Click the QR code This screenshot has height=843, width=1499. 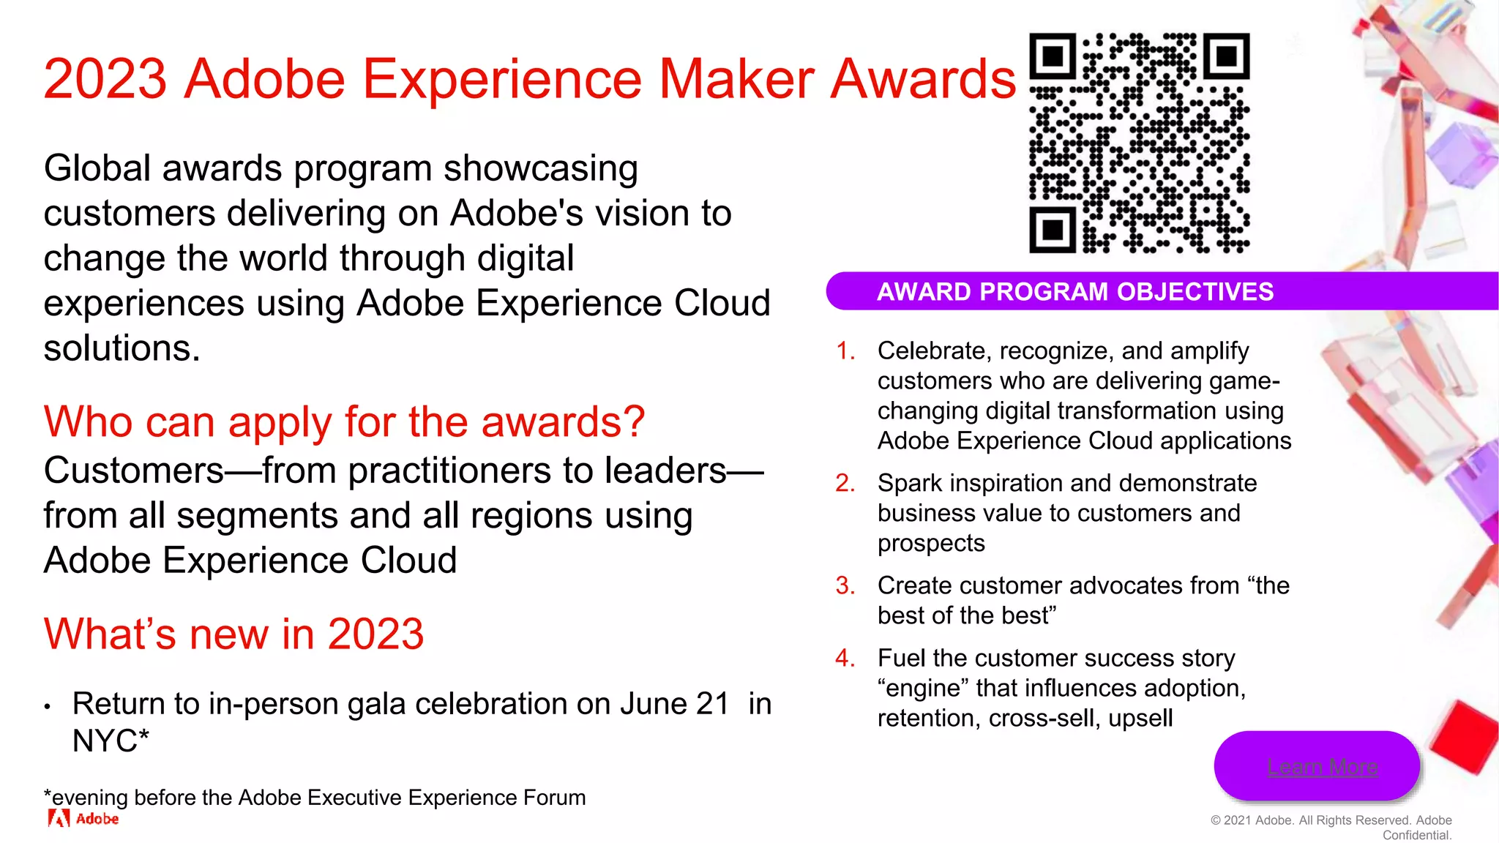1139,143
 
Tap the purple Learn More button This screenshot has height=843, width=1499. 1317,765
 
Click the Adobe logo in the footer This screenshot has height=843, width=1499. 83,818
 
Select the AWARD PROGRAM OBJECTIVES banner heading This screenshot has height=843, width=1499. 1075,291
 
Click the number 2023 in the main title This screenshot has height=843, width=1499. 105,79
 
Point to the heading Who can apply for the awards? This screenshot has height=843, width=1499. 344,422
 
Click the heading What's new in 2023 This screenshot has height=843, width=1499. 233,634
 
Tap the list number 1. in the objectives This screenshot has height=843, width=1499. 845,351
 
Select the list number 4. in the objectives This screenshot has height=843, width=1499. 845,658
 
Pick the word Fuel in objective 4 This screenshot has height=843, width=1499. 902,658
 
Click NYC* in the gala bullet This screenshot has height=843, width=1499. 110,741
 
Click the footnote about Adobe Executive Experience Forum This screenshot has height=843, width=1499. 315,797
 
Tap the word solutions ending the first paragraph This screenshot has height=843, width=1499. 122,348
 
